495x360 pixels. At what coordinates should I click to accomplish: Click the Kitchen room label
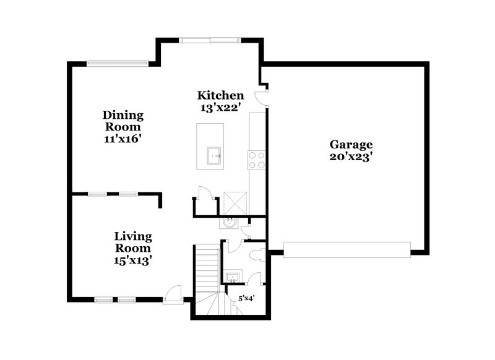(x=220, y=95)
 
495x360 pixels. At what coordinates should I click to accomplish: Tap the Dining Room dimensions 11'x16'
(x=123, y=139)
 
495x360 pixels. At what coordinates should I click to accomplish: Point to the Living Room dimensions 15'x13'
(x=133, y=260)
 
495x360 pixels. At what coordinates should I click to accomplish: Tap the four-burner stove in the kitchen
(x=257, y=160)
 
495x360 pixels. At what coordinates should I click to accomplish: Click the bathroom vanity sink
(x=233, y=276)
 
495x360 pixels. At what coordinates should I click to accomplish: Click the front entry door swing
(x=174, y=294)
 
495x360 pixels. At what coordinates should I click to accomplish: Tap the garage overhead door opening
(x=346, y=249)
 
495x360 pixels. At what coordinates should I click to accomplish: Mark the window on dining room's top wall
(x=117, y=62)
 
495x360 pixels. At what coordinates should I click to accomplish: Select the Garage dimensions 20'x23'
(x=351, y=157)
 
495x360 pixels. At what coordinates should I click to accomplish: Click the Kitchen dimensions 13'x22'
(x=220, y=108)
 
